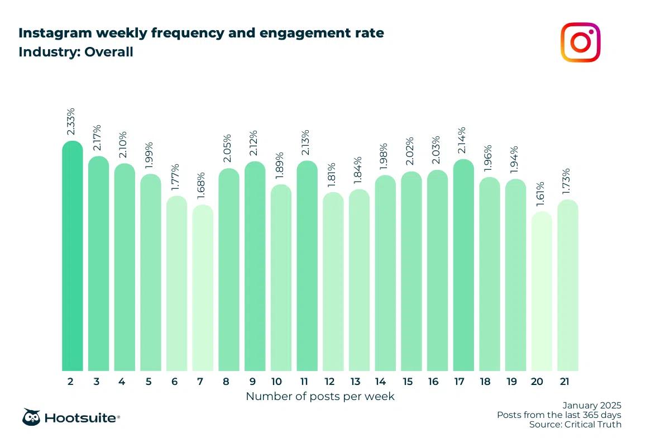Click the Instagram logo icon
point(581,42)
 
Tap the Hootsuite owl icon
point(31,417)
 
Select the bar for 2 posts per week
point(73,257)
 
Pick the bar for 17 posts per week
point(463,266)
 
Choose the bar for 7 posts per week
point(203,288)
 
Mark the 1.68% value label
point(203,187)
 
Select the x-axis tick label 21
point(568,382)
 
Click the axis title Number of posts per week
point(320,397)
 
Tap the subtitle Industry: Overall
point(76,53)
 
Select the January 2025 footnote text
point(592,405)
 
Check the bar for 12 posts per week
point(333,282)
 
